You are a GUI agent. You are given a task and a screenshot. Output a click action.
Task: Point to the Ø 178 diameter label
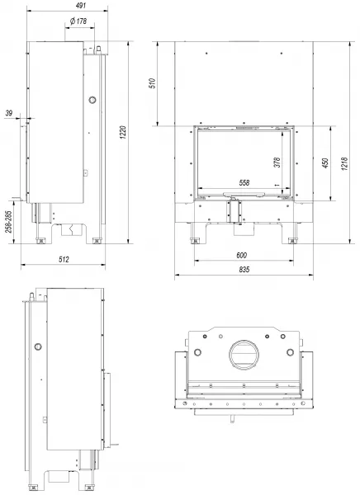[78, 21]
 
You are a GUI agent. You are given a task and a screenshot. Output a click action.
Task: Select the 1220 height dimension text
[123, 133]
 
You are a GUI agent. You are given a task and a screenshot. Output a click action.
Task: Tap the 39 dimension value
[9, 113]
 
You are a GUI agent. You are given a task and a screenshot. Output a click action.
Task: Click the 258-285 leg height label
[8, 222]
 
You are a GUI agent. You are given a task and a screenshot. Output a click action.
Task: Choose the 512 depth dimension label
[64, 259]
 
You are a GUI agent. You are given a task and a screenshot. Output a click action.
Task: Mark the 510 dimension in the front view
[153, 83]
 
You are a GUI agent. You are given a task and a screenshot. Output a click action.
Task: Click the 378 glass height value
[277, 163]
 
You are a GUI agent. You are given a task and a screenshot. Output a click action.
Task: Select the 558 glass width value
[244, 182]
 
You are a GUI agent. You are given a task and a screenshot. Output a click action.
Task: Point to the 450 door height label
[325, 163]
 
